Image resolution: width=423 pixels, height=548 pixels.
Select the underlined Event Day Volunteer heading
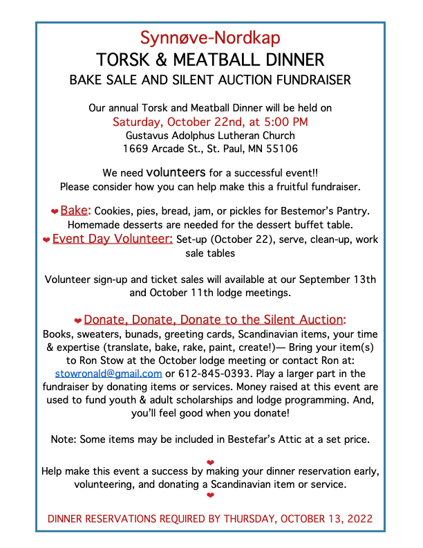click(x=112, y=239)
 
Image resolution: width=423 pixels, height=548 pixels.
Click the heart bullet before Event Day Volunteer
click(x=46, y=239)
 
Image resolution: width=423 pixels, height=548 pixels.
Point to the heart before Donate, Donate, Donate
click(x=78, y=320)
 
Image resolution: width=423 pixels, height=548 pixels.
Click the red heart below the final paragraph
click(x=210, y=495)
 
